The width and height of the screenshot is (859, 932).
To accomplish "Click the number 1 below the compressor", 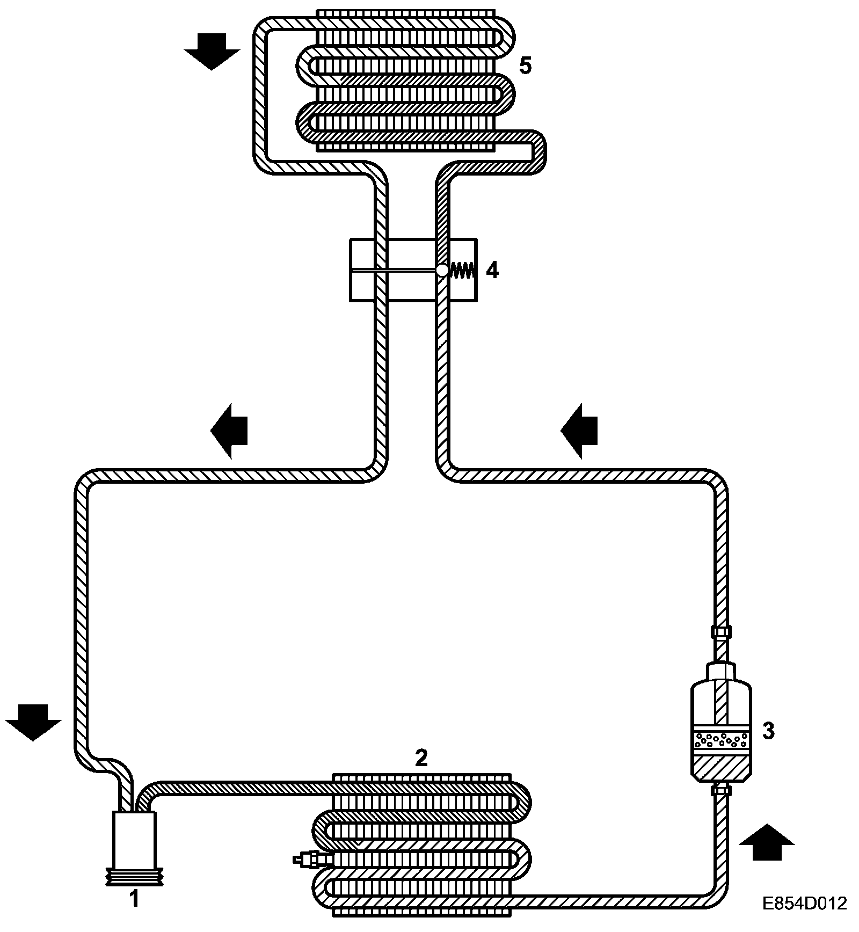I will tap(134, 898).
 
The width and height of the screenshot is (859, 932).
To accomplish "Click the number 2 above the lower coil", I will tap(421, 758).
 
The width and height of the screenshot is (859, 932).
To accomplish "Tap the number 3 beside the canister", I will tap(768, 731).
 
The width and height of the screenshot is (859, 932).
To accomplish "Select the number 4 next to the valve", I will tap(492, 271).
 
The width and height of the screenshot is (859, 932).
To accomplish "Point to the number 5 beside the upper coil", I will tap(525, 66).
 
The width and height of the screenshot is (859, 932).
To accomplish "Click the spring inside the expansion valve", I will tap(461, 271).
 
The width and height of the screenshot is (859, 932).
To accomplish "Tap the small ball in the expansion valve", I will tap(441, 271).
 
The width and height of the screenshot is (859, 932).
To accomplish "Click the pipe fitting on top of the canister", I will tap(720, 632).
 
